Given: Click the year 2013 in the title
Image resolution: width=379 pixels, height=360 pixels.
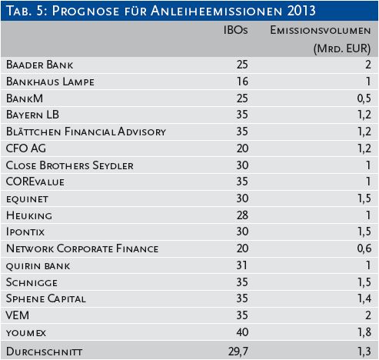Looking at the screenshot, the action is click(x=301, y=11).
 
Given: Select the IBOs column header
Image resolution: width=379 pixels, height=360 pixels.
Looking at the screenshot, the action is click(x=235, y=30).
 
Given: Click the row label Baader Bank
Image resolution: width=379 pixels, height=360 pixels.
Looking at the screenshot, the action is click(x=39, y=65).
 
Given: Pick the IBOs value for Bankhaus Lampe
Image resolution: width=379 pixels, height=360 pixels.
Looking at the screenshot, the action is click(x=242, y=82).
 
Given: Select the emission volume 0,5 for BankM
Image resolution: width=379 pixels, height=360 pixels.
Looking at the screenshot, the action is click(x=364, y=98).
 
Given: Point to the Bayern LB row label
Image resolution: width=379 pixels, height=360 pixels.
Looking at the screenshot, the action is click(x=32, y=115).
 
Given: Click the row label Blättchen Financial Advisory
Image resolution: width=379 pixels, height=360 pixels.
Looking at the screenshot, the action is click(x=86, y=132).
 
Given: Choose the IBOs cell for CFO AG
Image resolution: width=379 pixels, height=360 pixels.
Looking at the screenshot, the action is click(x=242, y=148).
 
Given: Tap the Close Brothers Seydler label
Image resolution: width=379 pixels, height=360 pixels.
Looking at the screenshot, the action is click(x=70, y=165).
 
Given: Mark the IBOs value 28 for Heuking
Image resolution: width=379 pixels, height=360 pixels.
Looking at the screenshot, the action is click(x=242, y=215).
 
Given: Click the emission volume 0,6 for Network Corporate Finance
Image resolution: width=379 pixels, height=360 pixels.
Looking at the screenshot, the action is click(x=364, y=248).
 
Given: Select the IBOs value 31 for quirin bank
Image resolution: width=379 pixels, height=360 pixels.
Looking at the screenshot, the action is click(x=242, y=265).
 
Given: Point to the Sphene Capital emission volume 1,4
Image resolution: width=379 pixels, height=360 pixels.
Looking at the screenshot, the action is click(x=364, y=298).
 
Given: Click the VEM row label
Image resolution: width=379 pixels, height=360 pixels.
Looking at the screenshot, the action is click(x=18, y=315).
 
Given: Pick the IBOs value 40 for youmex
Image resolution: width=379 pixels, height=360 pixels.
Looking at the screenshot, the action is click(x=242, y=332).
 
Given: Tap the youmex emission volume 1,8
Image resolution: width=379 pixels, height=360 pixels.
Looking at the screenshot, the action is click(x=364, y=332).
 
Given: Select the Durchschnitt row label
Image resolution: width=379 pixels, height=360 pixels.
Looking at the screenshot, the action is click(x=44, y=352).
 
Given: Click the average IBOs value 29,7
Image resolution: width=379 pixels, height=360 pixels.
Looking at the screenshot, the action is click(x=238, y=352).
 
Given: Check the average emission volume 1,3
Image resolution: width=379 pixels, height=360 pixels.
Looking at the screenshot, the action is click(x=364, y=352).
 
